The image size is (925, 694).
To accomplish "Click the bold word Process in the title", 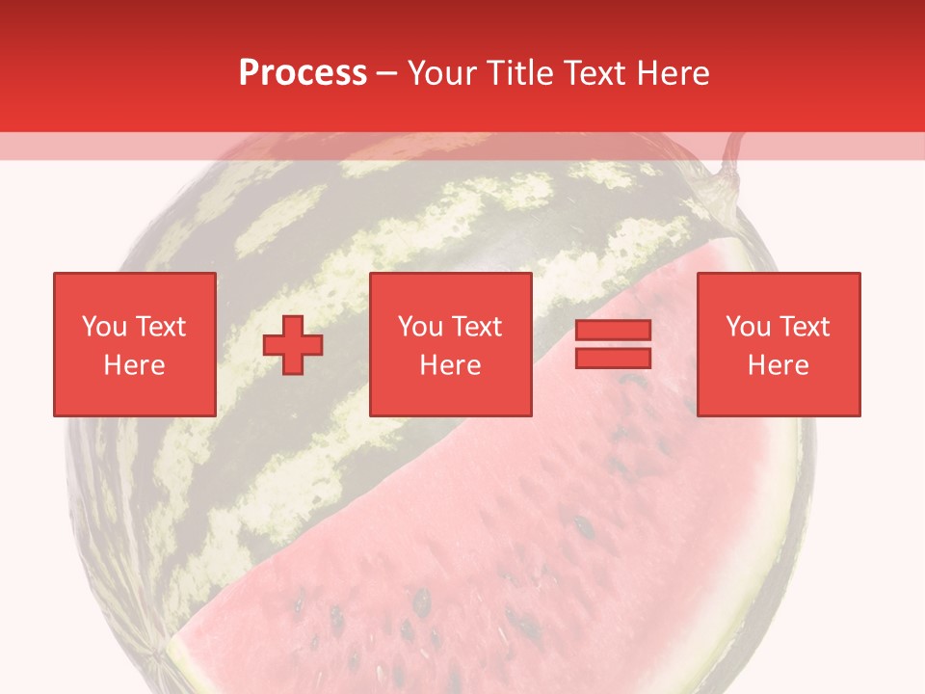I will tap(303, 72).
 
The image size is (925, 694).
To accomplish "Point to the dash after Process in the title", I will tap(387, 73).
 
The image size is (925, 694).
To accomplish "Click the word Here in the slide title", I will tap(673, 72).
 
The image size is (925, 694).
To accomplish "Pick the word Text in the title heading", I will tap(596, 72).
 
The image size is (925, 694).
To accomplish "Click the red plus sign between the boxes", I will tap(293, 345).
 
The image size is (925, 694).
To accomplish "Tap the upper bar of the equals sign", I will tap(613, 331).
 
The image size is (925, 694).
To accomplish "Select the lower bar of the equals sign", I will tap(613, 359).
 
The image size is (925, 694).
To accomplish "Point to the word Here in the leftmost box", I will tap(134, 365).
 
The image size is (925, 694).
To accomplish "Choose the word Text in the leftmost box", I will tap(159, 327).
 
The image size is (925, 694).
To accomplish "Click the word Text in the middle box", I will tap(475, 327).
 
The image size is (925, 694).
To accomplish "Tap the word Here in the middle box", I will tap(450, 365).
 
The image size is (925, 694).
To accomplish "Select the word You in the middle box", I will tap(420, 327).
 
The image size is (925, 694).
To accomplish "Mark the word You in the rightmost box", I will tap(748, 327).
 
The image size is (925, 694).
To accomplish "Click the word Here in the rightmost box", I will tap(778, 365).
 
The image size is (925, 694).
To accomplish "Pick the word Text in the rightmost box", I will tap(803, 327).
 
